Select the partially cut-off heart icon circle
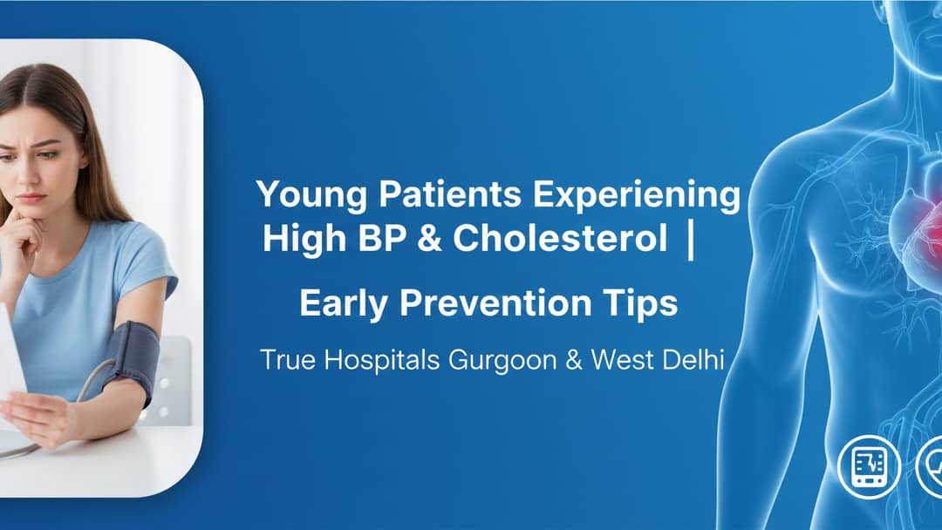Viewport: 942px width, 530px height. pos(931,466)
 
